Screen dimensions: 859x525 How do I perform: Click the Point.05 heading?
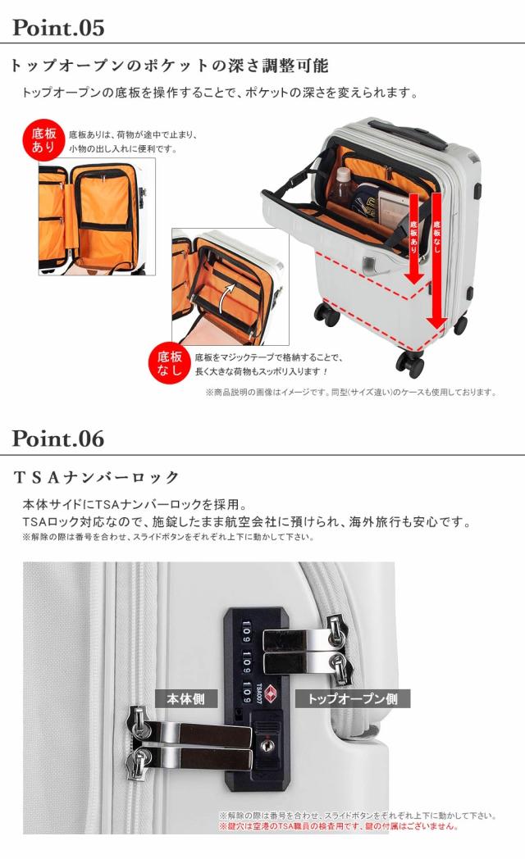tap(58, 28)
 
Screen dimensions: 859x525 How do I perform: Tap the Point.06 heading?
tap(58, 439)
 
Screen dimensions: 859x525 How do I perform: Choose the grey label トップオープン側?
tap(358, 699)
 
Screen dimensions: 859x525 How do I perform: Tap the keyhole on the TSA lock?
tap(265, 745)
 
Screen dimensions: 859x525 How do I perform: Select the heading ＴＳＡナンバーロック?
tap(97, 477)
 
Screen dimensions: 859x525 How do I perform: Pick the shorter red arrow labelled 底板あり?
tap(414, 238)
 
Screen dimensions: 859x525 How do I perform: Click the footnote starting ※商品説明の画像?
tap(350, 392)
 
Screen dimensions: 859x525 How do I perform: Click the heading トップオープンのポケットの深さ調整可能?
tap(168, 66)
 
